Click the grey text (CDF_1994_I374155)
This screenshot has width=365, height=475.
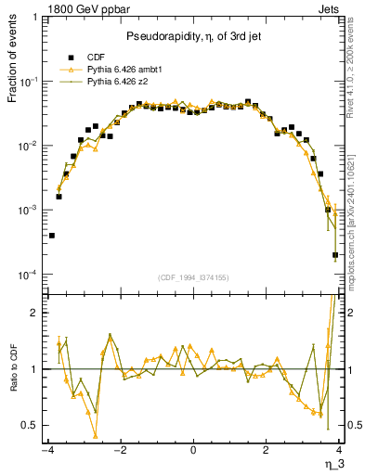point(193,276)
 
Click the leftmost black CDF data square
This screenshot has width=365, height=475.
point(52,236)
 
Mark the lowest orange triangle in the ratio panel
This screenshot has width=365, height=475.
point(96,435)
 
